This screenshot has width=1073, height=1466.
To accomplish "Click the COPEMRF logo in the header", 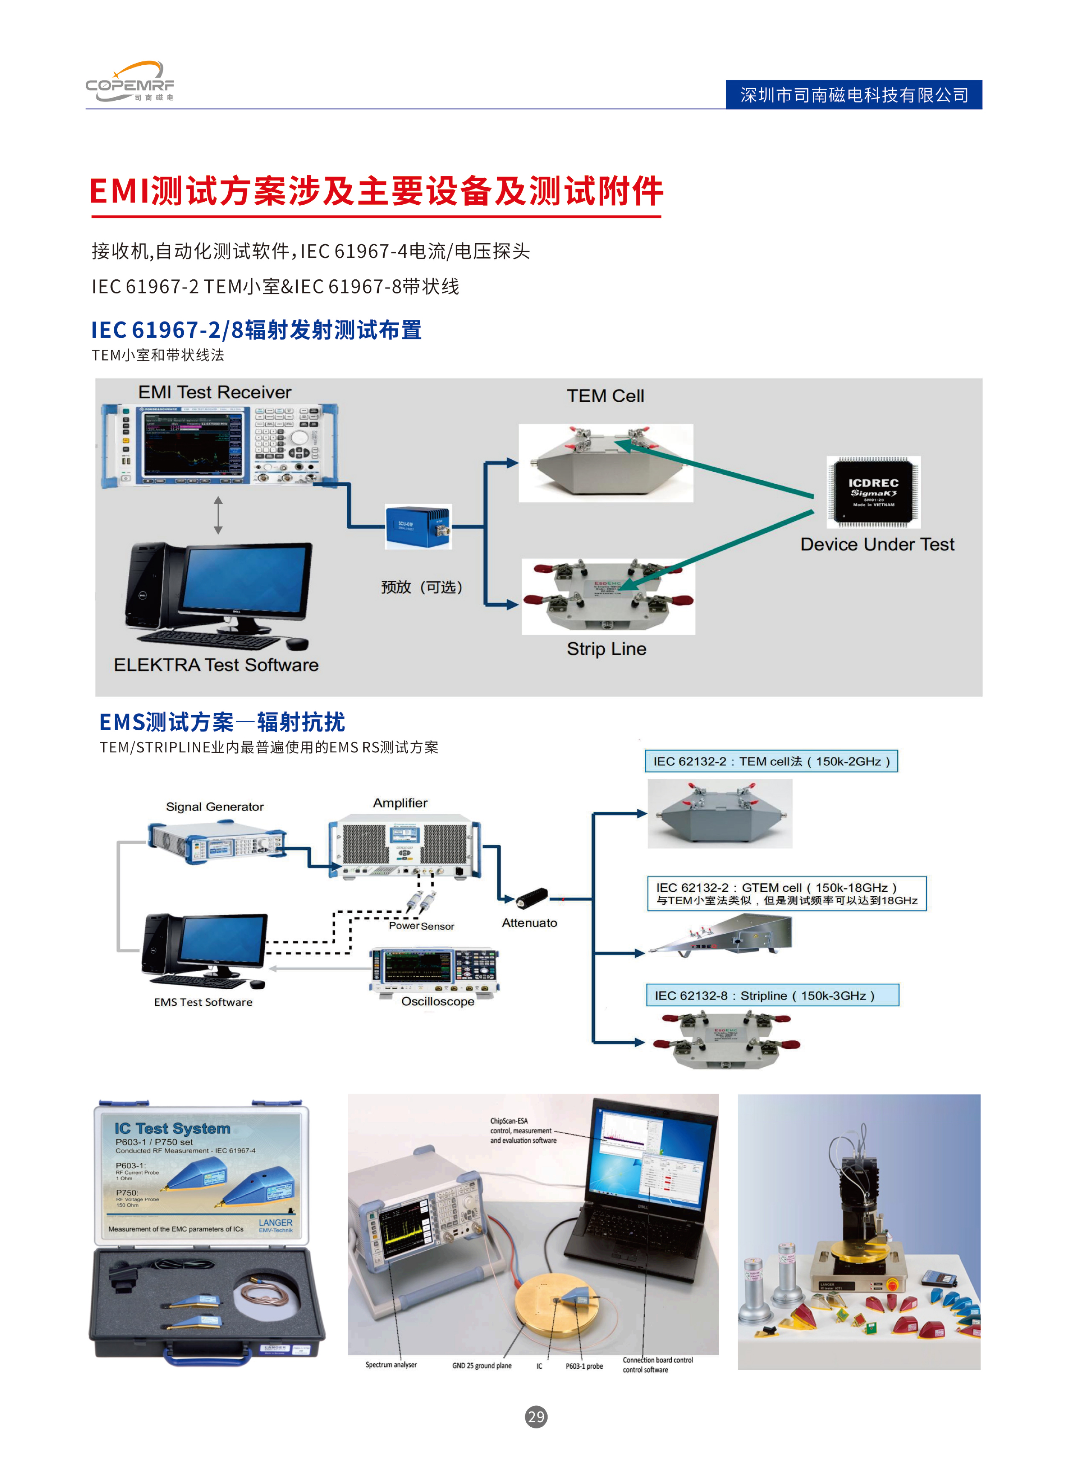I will [130, 82].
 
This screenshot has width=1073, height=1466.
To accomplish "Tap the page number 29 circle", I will [536, 1417].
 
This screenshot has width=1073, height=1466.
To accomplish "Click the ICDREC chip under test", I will [873, 492].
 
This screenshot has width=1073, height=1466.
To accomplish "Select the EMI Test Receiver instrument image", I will [220, 445].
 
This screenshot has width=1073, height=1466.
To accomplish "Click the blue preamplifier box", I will [418, 526].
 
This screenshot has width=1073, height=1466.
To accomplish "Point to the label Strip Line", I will [606, 649].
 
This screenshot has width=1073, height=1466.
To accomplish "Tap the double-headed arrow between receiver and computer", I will [218, 515].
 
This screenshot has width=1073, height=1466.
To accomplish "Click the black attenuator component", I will [532, 898].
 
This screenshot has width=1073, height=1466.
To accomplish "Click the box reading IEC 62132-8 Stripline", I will [771, 995].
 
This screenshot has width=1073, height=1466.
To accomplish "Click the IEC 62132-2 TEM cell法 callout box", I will [771, 761].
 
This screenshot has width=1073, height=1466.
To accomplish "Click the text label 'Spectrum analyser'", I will [391, 1364].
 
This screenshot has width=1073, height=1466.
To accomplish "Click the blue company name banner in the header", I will [853, 95].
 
